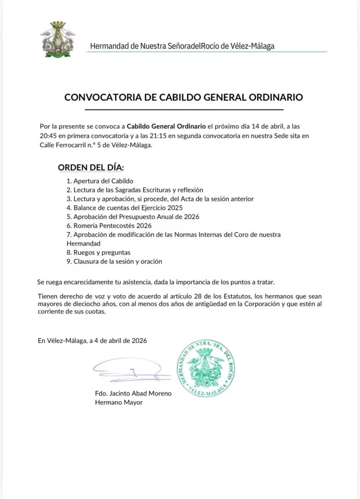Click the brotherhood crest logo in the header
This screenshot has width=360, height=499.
57,39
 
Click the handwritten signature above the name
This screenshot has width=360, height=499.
132,370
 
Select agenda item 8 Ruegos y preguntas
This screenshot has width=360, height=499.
98,252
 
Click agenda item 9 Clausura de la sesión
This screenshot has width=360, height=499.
114,262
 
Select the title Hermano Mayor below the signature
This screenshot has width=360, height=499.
118,402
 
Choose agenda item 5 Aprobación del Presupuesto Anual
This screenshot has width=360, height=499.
133,216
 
